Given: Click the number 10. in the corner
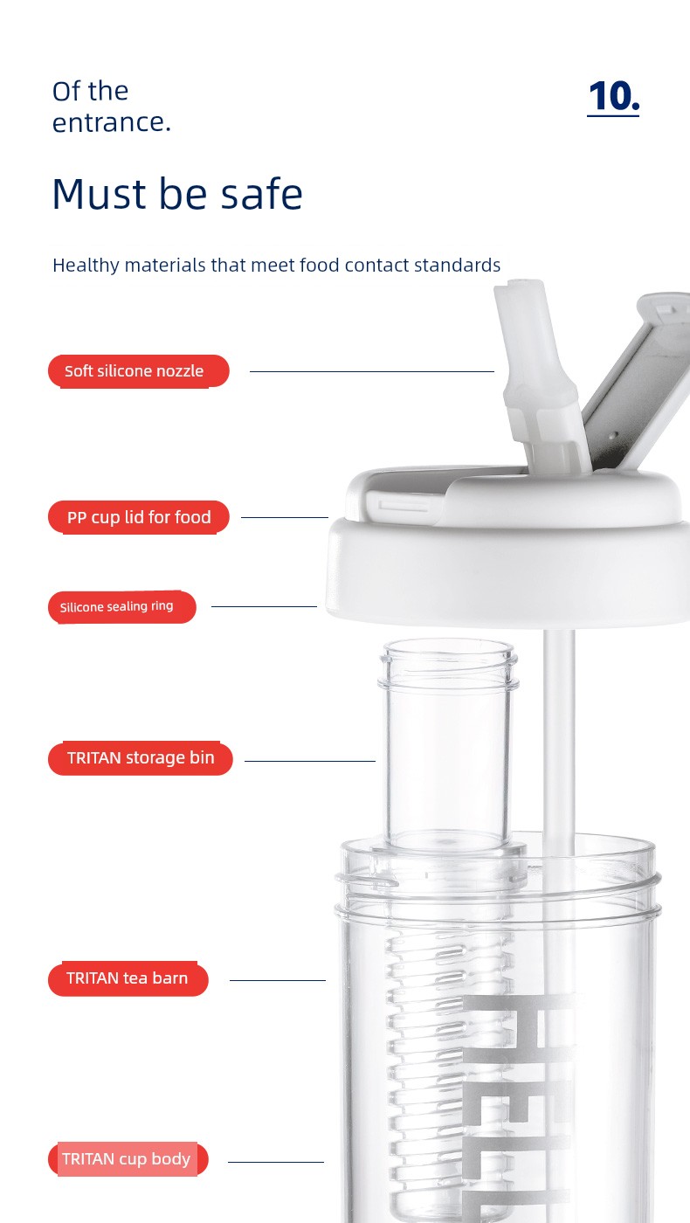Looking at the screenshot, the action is pos(613,97).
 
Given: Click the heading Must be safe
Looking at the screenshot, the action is pos(177,194).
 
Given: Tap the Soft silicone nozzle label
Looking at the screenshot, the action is pos(139,371).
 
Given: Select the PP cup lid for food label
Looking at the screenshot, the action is pos(139,517).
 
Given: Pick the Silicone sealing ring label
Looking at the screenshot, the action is pos(121,606).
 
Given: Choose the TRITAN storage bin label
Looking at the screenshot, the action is pos(141,758).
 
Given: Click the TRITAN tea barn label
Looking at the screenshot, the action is pos(128,978).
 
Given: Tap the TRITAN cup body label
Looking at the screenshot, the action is pos(128,1158).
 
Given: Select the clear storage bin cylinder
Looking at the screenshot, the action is pos(448,745).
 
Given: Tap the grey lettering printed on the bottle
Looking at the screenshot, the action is pos(519,1109).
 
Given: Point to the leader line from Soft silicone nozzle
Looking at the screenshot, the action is pos(372,371).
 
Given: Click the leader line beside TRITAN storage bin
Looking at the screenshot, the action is pos(309,761).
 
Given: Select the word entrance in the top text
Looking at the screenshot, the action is pos(112,122).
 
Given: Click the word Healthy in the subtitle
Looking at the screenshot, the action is pos(86,266).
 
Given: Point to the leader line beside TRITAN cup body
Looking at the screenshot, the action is pos(276,1162).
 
